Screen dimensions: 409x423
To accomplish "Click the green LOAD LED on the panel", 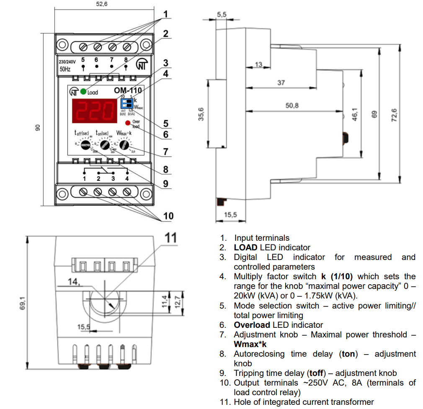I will pos(84,91).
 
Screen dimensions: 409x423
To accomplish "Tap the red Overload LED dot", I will pos(127,123).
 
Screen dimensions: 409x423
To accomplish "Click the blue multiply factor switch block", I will pos(127,103).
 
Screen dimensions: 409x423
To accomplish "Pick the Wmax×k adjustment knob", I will pos(124,145).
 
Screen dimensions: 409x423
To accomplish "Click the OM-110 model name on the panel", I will pos(128,90).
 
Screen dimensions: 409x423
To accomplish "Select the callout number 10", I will pos(168,216).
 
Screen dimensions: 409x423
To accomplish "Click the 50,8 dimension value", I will pos(292,106).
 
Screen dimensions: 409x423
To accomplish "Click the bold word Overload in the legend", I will pos(252,325).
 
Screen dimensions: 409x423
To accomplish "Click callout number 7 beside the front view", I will pos(165,152).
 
